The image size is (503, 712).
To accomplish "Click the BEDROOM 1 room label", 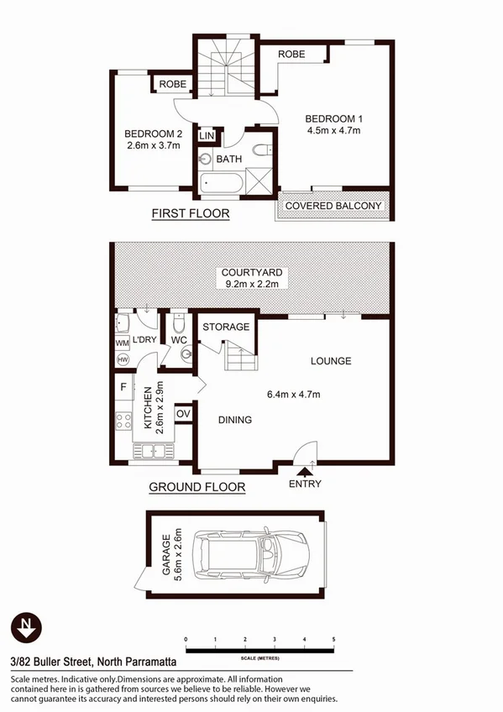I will coord(333,118).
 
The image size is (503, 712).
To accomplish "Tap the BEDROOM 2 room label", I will coord(154,133).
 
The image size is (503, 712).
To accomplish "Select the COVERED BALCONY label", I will coord(333,206).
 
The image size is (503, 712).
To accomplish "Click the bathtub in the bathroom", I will coord(221,183).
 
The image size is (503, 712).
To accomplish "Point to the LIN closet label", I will coord(206,134).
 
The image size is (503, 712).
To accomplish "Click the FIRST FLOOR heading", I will coord(191,214).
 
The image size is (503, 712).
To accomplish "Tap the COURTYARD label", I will coord(252,273).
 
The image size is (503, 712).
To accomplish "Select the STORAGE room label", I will coord(225,327).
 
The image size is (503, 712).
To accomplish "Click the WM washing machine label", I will coord(121,343).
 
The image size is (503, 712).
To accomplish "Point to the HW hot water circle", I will coord(122,359).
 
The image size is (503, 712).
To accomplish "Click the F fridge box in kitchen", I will coord(124,388).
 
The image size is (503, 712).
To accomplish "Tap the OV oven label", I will coord(183,413).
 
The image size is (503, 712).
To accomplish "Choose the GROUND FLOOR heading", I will coord(196,487).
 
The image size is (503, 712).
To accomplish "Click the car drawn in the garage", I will coord(251,554).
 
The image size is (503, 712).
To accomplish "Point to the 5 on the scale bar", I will coord(334,640).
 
